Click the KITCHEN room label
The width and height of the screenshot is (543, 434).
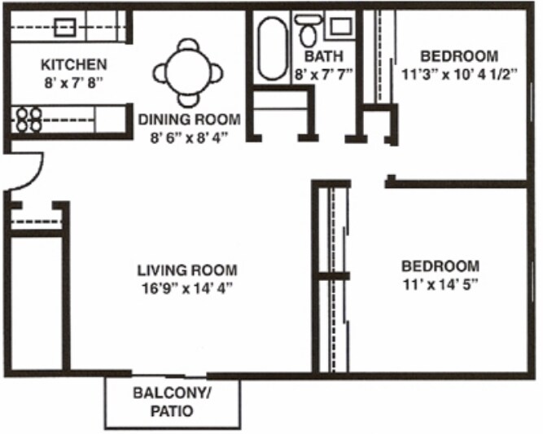pyautogui.click(x=74, y=64)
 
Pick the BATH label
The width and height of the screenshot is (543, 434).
pyautogui.click(x=324, y=57)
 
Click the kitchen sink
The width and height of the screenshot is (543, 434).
pyautogui.click(x=65, y=28)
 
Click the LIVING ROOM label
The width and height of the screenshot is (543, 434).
pyautogui.click(x=187, y=270)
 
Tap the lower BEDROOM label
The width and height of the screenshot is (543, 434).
pyautogui.click(x=440, y=266)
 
